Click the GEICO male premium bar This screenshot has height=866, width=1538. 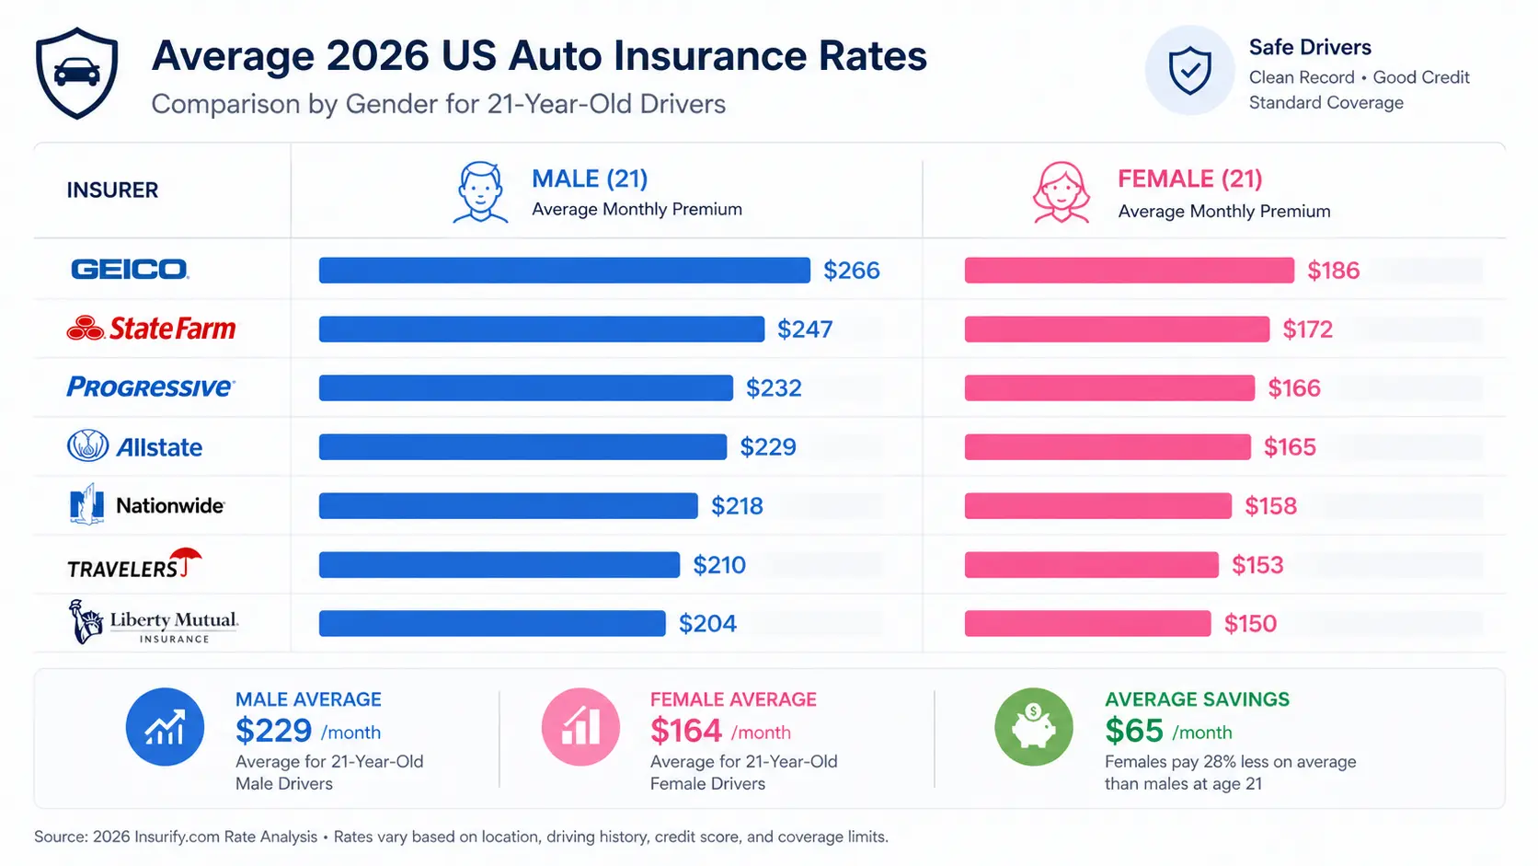564,270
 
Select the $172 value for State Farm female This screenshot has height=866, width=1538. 1307,329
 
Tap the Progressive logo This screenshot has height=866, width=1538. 151,387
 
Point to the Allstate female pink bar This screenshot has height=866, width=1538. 1108,447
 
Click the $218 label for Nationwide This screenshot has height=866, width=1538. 737,506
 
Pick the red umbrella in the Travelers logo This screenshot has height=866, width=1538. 187,558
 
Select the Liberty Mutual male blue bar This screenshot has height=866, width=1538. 492,624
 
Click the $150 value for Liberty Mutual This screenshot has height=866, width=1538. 1250,624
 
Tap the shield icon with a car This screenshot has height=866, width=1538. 77,73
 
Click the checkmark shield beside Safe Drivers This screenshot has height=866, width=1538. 1189,71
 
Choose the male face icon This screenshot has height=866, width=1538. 480,191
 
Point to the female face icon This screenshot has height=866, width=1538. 1062,192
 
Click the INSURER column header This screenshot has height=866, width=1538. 112,191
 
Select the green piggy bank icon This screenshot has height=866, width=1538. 1034,727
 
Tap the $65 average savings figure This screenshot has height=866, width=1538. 1134,731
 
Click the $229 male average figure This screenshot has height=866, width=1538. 273,731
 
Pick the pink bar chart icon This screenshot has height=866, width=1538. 580,727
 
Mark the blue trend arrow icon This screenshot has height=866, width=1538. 165,727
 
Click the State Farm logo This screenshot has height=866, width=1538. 152,329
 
